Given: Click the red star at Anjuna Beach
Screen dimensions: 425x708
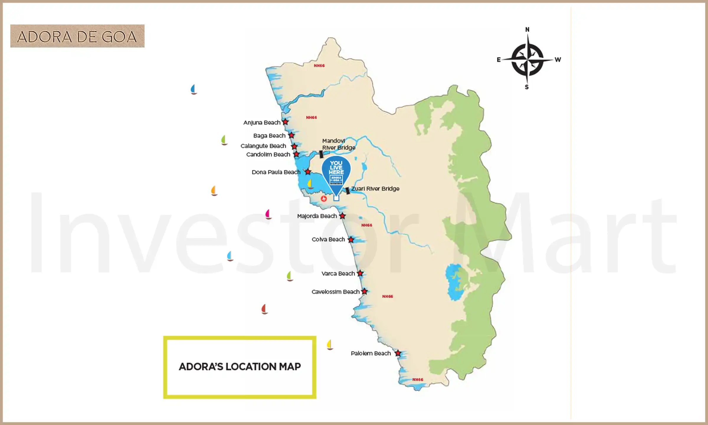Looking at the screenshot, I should pyautogui.click(x=285, y=122).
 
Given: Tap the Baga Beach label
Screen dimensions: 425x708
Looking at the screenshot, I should pyautogui.click(x=269, y=136).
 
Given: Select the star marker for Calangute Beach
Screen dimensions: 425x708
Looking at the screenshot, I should pyautogui.click(x=294, y=146).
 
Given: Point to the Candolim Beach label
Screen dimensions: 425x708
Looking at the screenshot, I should pyautogui.click(x=268, y=155).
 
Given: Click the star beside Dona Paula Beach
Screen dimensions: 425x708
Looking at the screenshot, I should pyautogui.click(x=308, y=172).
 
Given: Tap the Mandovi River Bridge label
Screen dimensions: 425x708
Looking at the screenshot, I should pyautogui.click(x=338, y=144).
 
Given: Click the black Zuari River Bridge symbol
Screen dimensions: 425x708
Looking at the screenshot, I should pyautogui.click(x=348, y=191).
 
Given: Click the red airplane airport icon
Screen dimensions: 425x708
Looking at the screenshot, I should pyautogui.click(x=324, y=199).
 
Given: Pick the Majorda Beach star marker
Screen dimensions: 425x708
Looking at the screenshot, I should pyautogui.click(x=342, y=216).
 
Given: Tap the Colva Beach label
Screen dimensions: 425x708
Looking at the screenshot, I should pyautogui.click(x=328, y=239).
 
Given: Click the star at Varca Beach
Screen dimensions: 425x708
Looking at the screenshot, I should pyautogui.click(x=360, y=273).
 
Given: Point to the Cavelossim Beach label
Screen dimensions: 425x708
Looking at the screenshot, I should pyautogui.click(x=335, y=292).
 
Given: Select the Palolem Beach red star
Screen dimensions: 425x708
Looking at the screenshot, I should pyautogui.click(x=398, y=353).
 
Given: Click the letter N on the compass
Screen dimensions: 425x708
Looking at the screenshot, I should pyautogui.click(x=527, y=30).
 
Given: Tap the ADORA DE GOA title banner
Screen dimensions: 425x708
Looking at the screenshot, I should pyautogui.click(x=77, y=36).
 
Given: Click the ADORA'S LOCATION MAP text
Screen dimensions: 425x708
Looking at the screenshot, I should pyautogui.click(x=240, y=367).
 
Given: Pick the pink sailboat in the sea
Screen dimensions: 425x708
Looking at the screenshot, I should pyautogui.click(x=268, y=214).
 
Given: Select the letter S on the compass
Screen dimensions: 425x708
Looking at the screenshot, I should pyautogui.click(x=527, y=87).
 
